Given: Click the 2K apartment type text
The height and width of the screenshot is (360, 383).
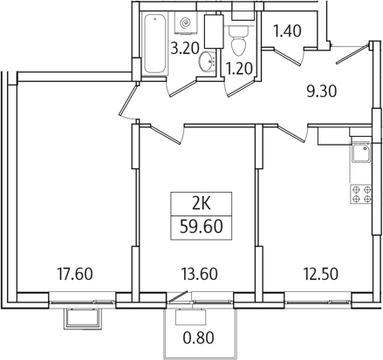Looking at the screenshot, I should tap(200, 206).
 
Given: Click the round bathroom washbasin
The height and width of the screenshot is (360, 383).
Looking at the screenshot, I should tap(206, 61).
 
